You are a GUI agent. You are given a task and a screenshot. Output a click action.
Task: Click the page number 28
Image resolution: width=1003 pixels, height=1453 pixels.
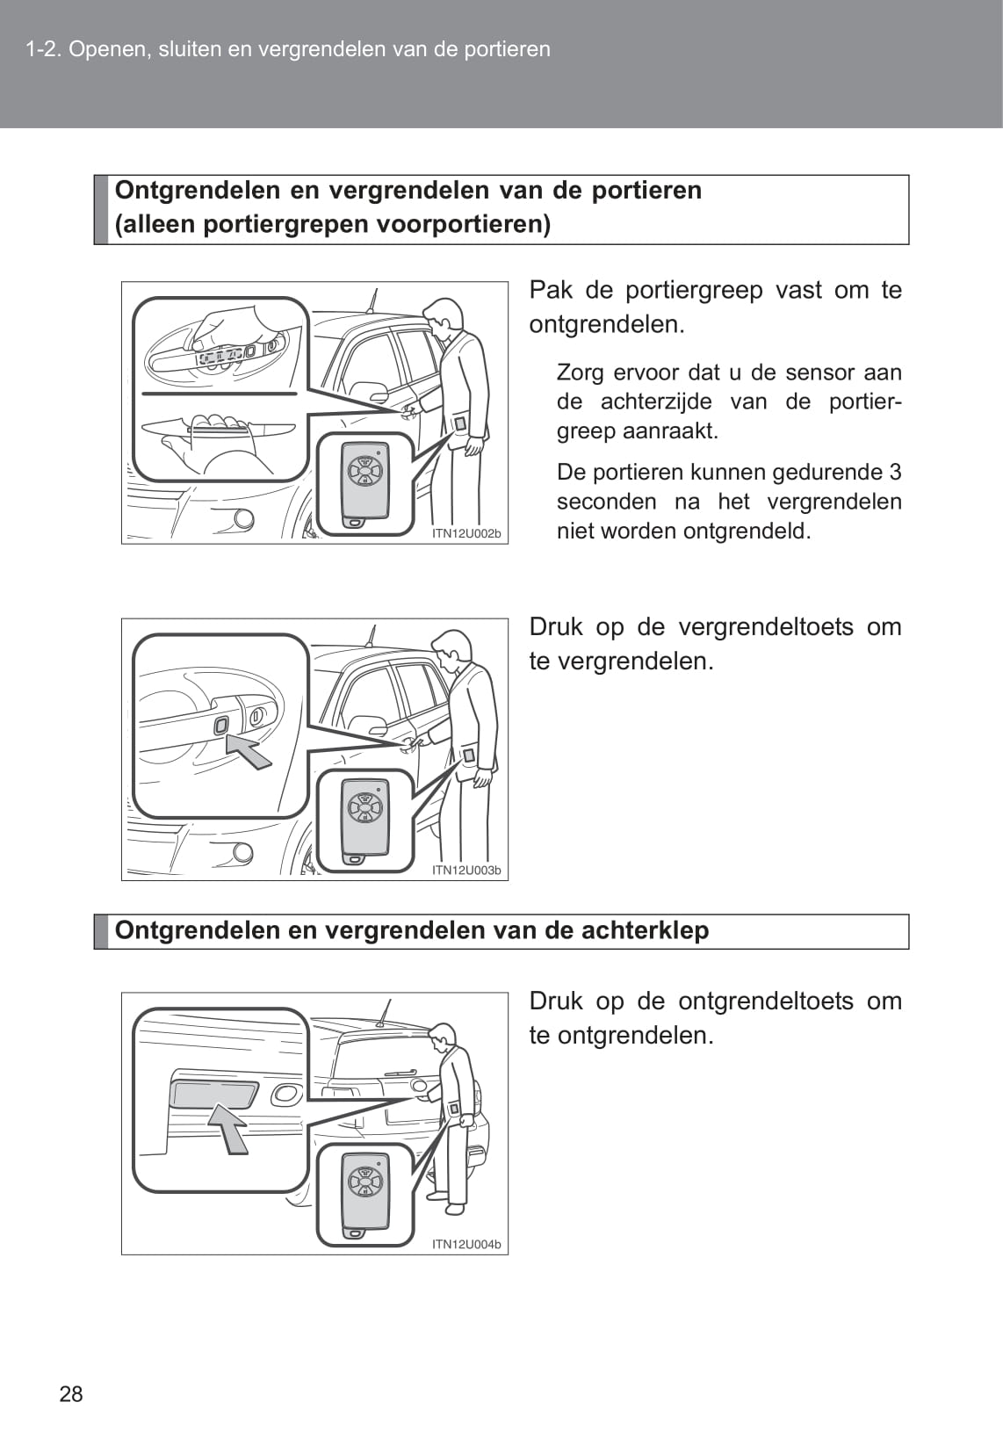pyautogui.click(x=71, y=1393)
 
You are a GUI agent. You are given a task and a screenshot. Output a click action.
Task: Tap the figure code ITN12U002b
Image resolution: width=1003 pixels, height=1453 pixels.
pyautogui.click(x=466, y=533)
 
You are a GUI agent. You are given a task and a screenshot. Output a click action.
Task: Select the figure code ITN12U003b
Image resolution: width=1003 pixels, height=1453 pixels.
pyautogui.click(x=466, y=871)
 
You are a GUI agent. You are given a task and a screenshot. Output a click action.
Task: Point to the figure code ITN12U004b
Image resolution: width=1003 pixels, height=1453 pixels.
pyautogui.click(x=466, y=1244)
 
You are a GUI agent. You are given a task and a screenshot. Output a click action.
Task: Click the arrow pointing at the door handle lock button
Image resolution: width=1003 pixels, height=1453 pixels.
pyautogui.click(x=249, y=752)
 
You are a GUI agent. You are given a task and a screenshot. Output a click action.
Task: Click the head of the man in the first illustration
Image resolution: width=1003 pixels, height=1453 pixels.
pyautogui.click(x=444, y=315)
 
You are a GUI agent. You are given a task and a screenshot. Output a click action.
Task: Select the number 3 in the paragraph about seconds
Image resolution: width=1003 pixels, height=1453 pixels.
pyautogui.click(x=894, y=472)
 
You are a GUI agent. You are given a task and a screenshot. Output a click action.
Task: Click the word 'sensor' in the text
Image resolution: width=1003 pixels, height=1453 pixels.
pyautogui.click(x=820, y=372)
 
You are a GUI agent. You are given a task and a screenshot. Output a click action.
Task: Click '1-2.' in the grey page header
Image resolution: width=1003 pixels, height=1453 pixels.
pyautogui.click(x=43, y=49)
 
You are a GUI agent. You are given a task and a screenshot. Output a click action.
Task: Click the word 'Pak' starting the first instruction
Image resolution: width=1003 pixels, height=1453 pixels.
pyautogui.click(x=550, y=290)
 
